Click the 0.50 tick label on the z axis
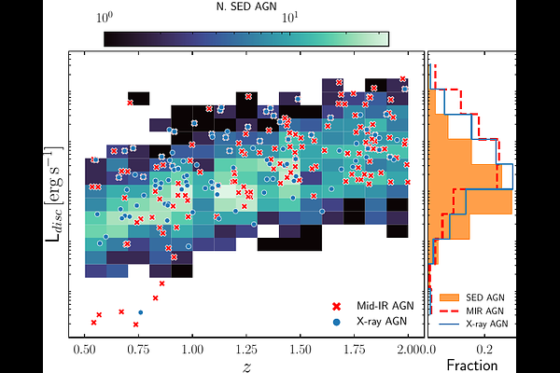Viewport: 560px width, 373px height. (84, 347)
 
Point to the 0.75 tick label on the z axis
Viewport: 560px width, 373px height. (139, 347)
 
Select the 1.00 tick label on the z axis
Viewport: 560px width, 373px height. (193, 347)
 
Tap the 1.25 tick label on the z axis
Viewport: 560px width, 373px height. (247, 347)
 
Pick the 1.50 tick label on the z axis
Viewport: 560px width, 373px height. (301, 347)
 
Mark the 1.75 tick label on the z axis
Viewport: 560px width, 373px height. (356, 347)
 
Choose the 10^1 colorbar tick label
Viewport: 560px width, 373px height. (290, 19)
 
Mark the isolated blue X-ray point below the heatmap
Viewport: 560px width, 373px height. (140, 311)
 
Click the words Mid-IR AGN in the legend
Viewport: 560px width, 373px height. (379, 305)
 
